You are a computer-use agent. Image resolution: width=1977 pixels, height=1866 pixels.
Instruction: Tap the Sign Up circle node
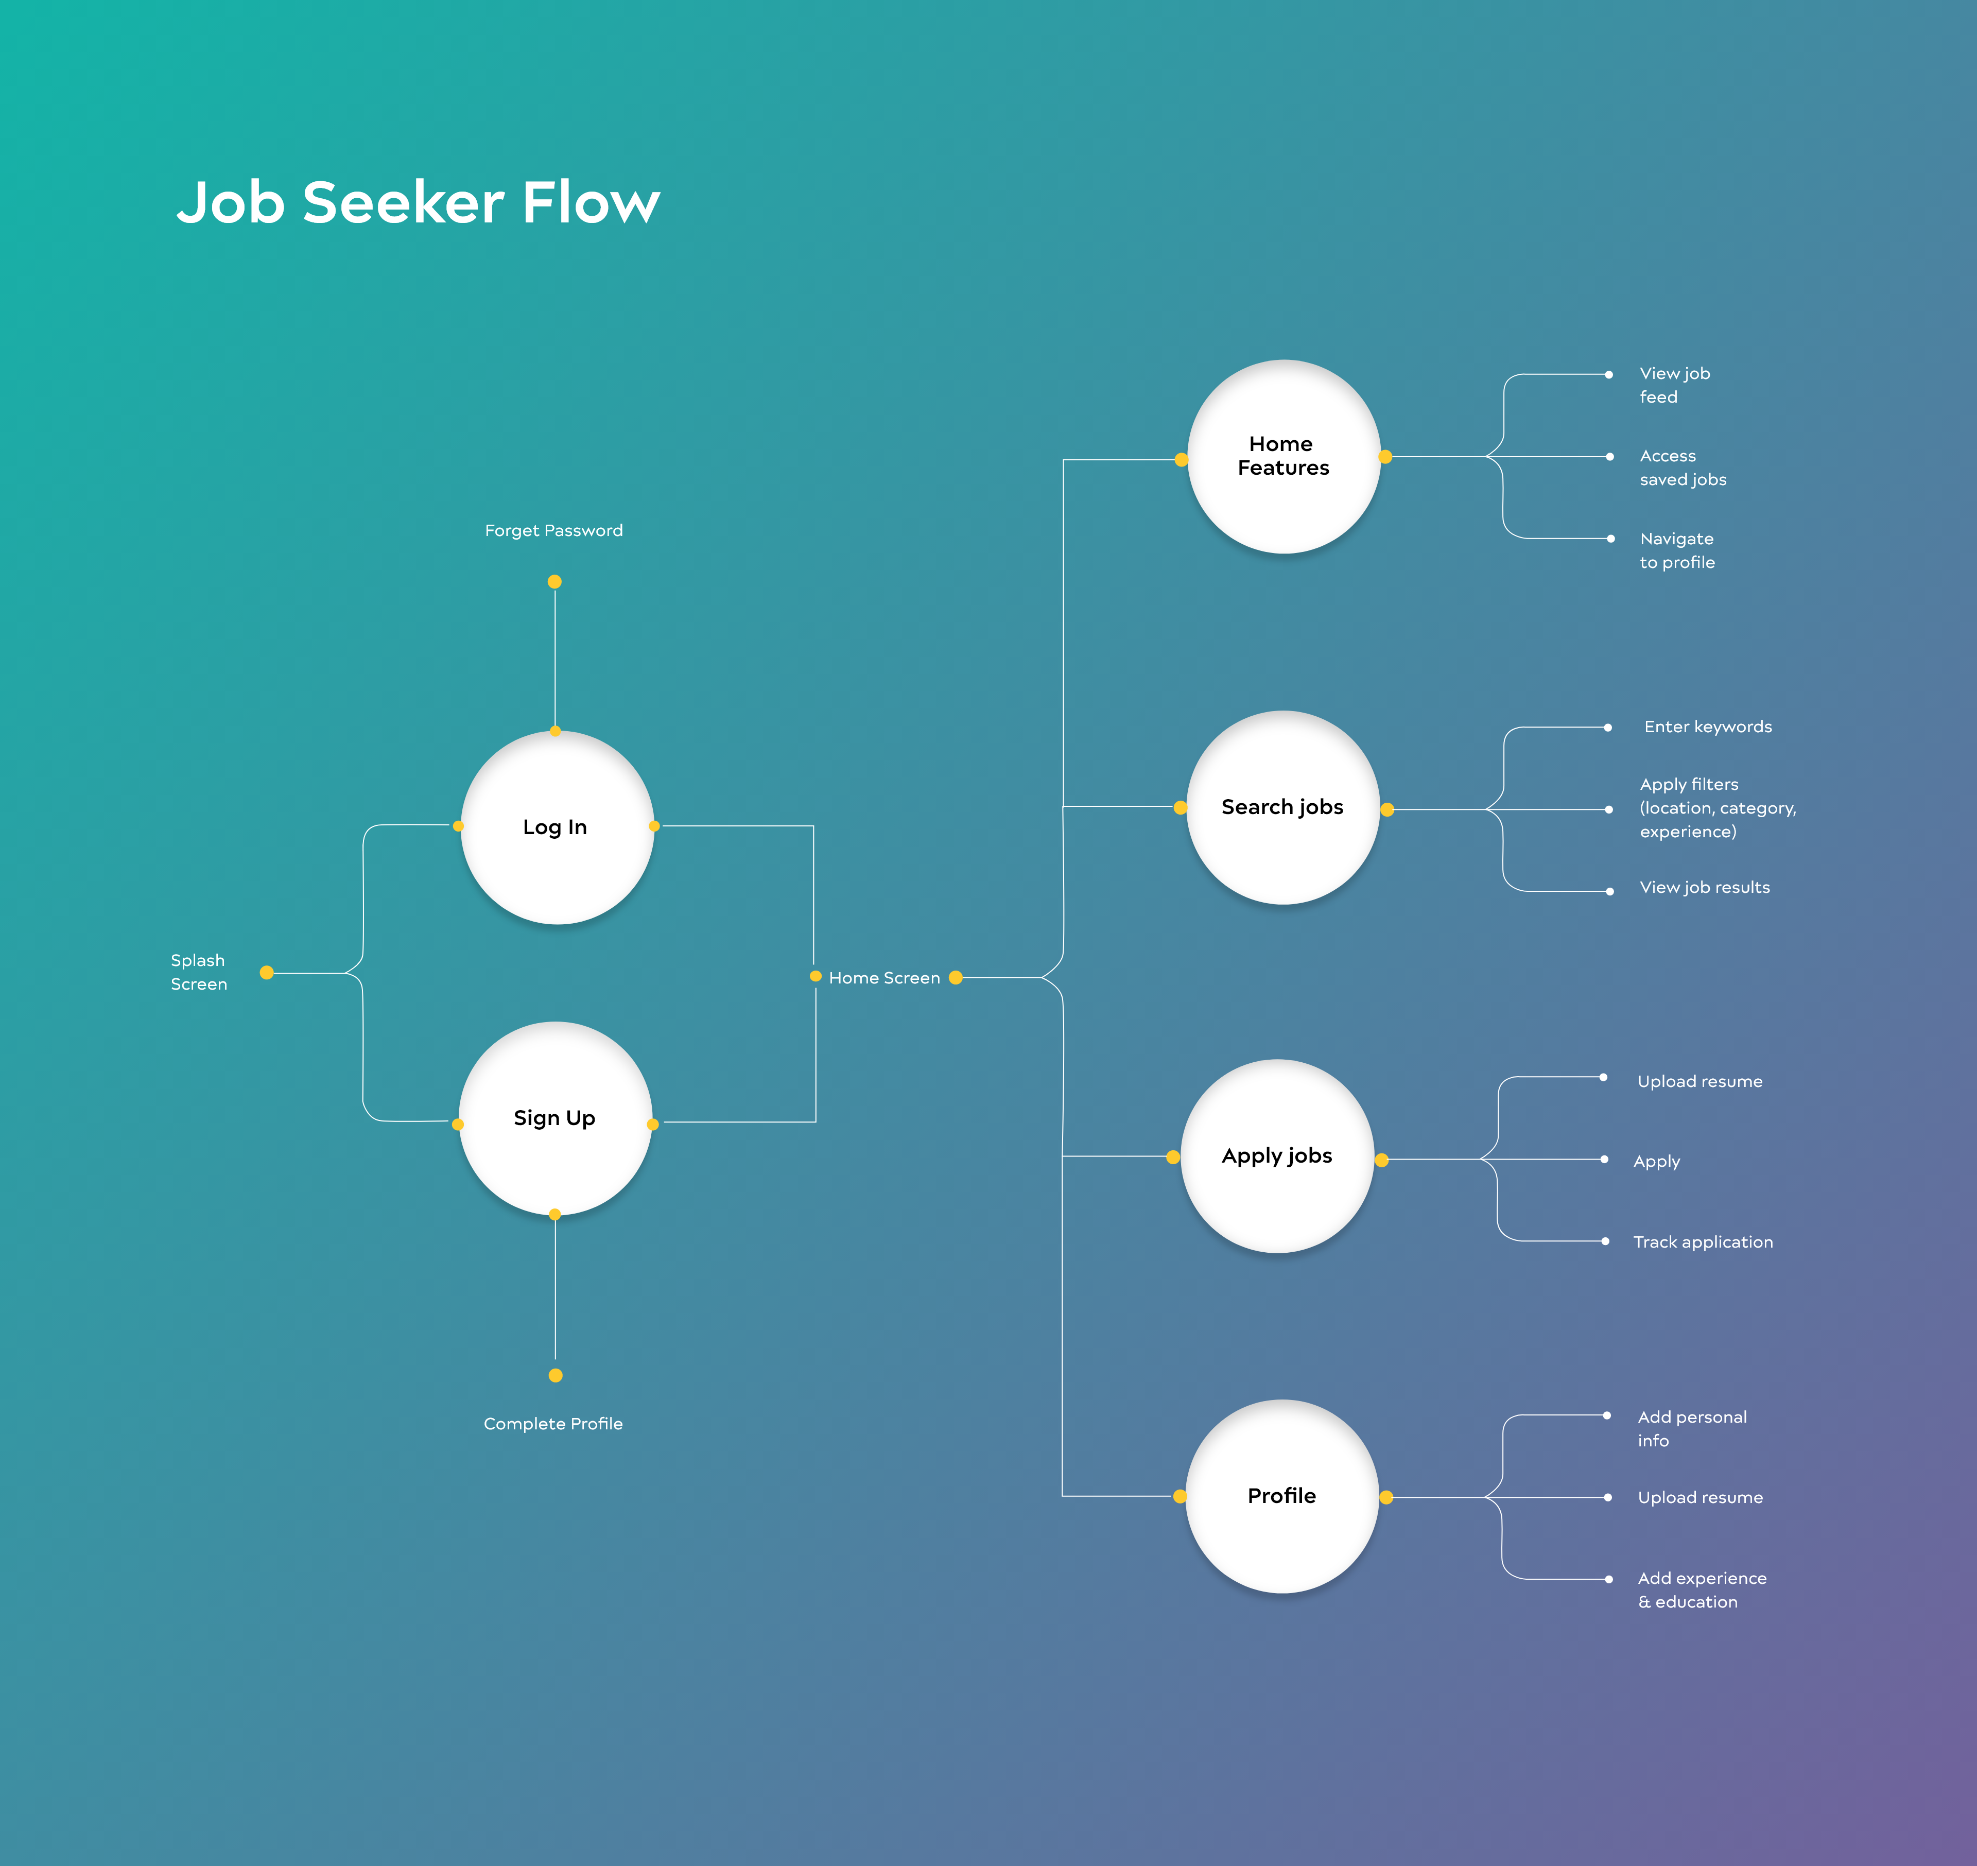555,1118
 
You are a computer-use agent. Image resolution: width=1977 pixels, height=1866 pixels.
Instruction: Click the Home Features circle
1283,457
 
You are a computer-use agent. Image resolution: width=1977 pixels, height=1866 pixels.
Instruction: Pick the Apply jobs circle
1277,1156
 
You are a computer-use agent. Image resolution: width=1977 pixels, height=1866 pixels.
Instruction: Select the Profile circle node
1282,1496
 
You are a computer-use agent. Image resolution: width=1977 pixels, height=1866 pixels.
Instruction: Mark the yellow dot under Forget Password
555,582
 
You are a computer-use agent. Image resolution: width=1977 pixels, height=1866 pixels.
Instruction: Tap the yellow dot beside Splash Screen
267,973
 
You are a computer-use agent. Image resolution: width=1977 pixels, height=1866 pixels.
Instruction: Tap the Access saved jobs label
1683,468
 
